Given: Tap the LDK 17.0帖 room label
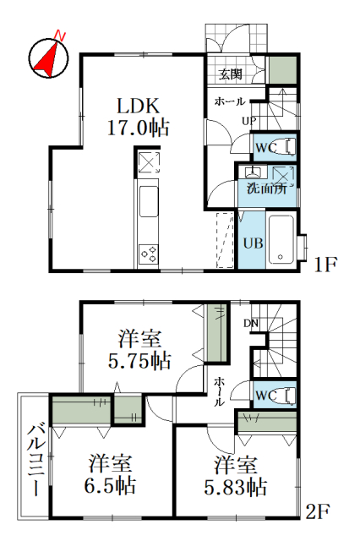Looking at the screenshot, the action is tap(139, 117).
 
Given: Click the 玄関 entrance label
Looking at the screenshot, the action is tap(231, 74).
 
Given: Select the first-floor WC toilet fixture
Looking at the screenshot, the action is tap(290, 146).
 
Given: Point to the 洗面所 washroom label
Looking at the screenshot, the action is tap(266, 189).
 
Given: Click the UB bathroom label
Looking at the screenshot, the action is tap(254, 243).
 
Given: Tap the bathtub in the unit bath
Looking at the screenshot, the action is tap(281, 239).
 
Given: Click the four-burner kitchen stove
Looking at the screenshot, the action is tap(149, 254).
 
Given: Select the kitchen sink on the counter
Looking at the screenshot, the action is tap(149, 201).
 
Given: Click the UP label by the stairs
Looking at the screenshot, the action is tap(248, 121).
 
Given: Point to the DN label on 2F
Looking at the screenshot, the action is tap(251, 323).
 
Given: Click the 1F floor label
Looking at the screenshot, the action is tap(325, 265).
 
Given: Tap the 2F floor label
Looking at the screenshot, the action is tap(318, 511).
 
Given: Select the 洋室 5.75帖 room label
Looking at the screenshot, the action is tap(139, 349).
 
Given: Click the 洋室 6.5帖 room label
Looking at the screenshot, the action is tap(110, 474).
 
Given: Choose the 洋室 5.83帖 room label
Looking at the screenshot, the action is tap(236, 475).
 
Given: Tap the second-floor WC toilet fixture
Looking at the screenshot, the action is tap(290, 395).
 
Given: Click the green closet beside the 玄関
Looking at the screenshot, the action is tap(283, 70).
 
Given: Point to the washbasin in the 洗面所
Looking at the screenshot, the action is tap(253, 172).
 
